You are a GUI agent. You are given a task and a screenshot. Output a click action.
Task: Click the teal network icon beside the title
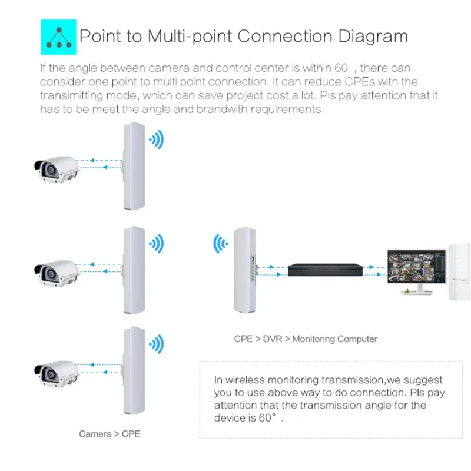click(58, 36)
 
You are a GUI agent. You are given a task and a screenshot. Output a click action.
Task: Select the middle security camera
click(56, 269)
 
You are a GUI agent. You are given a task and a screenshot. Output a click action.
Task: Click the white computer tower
click(457, 271)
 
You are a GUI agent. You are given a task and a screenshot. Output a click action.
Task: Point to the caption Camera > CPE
click(110, 434)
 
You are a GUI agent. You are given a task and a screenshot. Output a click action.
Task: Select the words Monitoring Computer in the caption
click(334, 339)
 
